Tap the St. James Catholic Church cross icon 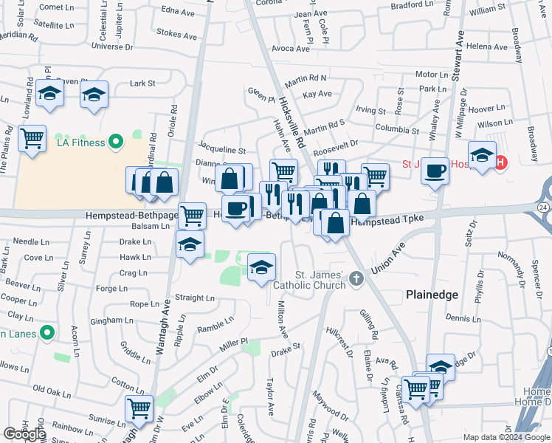357,278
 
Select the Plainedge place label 432,294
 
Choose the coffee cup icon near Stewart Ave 435,171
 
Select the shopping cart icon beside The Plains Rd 32,138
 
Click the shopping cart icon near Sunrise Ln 139,408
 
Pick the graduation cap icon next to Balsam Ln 190,244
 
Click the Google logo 24,433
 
